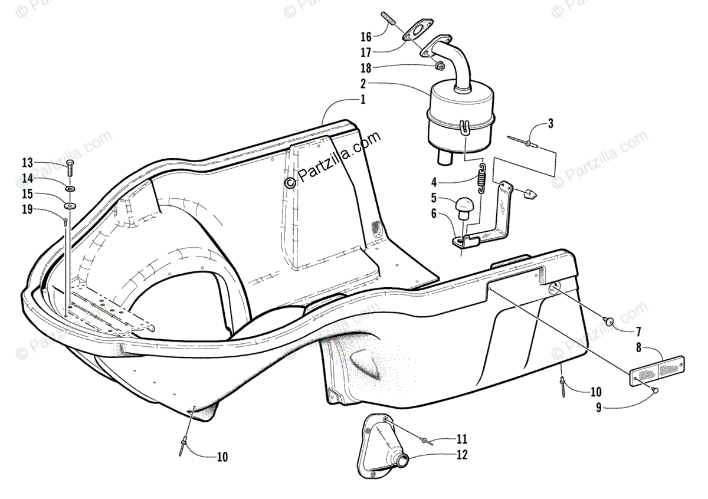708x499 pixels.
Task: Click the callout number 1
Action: tap(363, 100)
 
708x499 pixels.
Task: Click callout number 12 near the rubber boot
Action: tap(461, 455)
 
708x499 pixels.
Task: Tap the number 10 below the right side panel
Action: tap(595, 391)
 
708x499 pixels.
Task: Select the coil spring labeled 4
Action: tap(481, 178)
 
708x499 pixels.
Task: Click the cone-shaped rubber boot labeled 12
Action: tap(386, 445)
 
